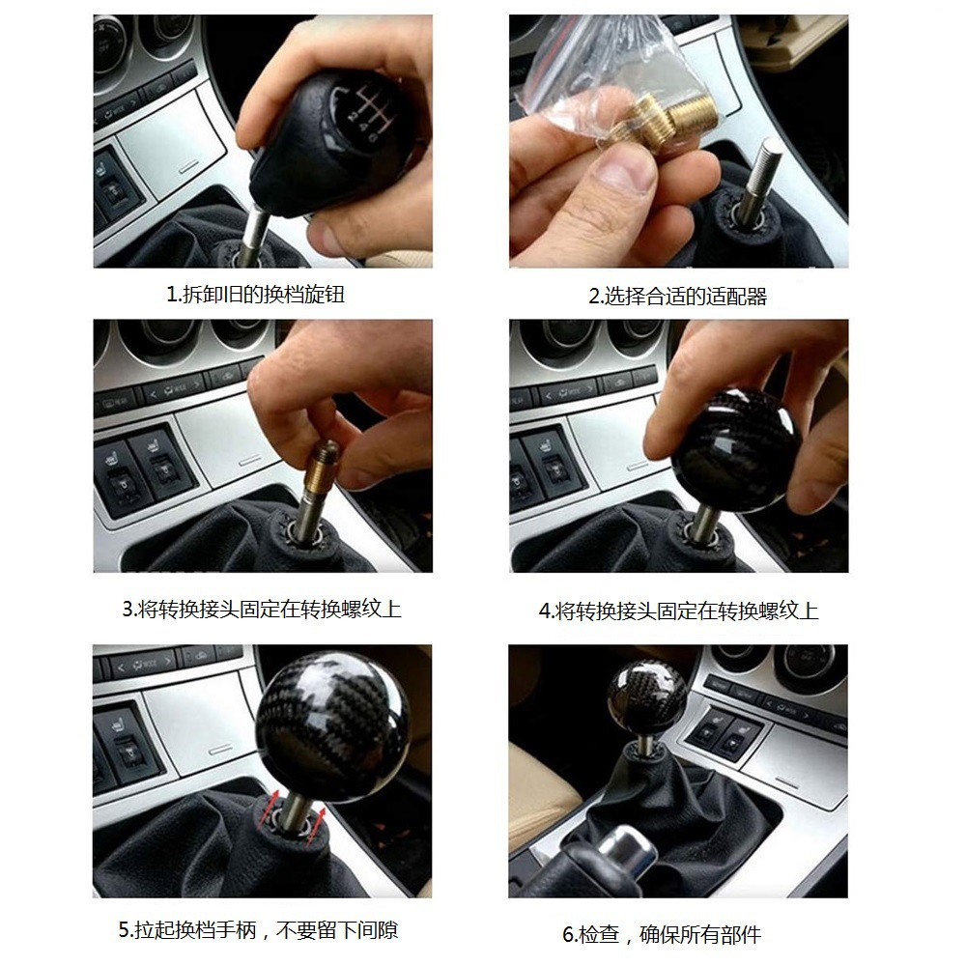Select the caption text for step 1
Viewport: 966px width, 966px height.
click(255, 295)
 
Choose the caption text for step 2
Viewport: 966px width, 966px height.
click(677, 297)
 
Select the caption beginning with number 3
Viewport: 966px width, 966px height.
click(261, 609)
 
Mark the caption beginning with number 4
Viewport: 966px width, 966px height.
click(678, 611)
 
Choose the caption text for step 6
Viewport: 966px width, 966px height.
click(662, 934)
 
